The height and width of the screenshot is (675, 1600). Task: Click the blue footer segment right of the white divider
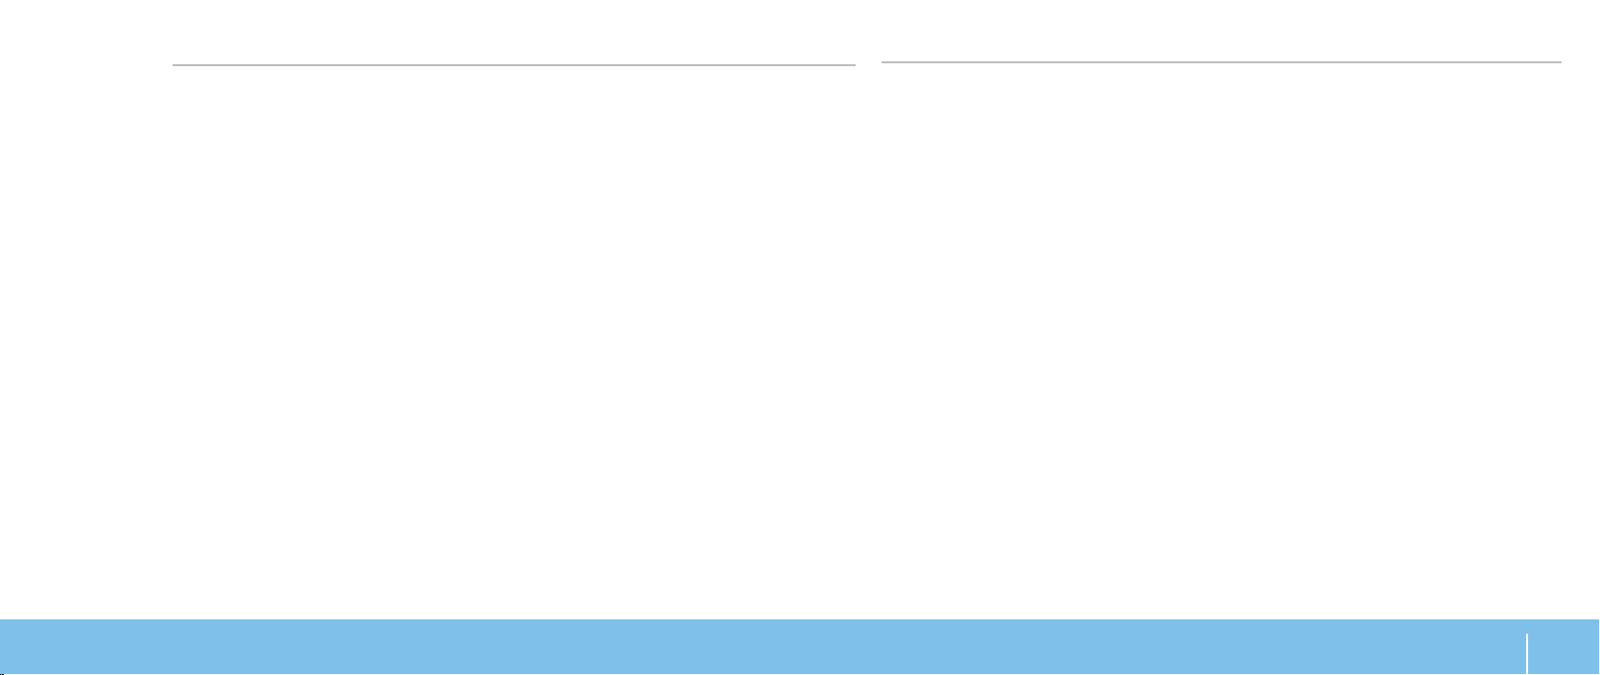pos(1564,647)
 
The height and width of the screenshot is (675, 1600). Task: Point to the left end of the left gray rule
pos(174,65)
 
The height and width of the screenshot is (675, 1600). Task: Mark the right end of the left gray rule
pos(855,65)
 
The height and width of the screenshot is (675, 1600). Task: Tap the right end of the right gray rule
pos(1561,62)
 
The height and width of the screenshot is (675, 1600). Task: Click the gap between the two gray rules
pos(868,64)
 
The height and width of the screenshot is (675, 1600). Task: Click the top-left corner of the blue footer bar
pos(1,620)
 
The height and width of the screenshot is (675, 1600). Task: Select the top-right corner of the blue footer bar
pos(1598,620)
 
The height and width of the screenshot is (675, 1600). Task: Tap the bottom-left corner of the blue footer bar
pos(1,673)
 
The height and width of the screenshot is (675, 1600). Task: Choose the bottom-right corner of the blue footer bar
pos(1598,673)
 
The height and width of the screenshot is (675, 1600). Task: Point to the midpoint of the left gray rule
pos(514,65)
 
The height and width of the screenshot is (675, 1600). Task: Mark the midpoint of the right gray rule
pos(1221,62)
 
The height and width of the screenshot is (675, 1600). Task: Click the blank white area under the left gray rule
pos(514,336)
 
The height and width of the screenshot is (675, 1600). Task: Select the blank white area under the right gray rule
pos(1221,336)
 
